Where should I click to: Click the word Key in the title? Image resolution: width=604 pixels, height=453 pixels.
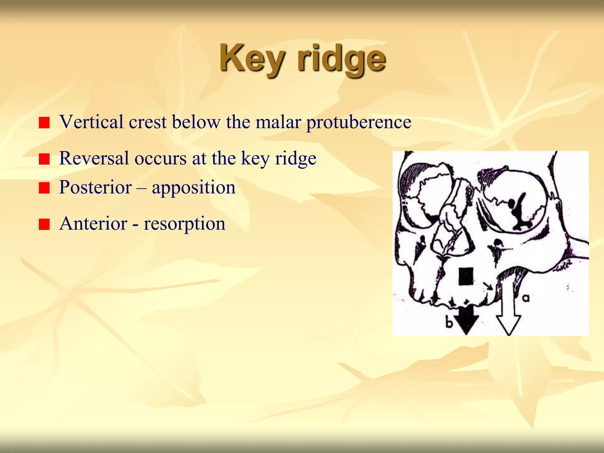[252, 59]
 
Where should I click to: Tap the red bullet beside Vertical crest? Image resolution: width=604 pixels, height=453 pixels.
[44, 123]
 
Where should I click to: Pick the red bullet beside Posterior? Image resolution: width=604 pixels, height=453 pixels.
[44, 188]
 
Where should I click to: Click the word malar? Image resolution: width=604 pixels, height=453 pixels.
[278, 122]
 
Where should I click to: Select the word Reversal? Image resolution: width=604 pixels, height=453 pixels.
[94, 158]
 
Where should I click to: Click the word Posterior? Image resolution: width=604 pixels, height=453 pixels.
[95, 187]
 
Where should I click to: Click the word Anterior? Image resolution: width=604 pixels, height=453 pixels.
[93, 223]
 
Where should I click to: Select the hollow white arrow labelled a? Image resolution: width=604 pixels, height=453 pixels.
[508, 319]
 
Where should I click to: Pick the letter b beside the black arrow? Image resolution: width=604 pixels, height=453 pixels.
[449, 323]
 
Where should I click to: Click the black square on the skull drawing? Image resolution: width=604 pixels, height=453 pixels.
[466, 277]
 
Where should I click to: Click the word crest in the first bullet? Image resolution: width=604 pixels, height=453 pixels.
[147, 122]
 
